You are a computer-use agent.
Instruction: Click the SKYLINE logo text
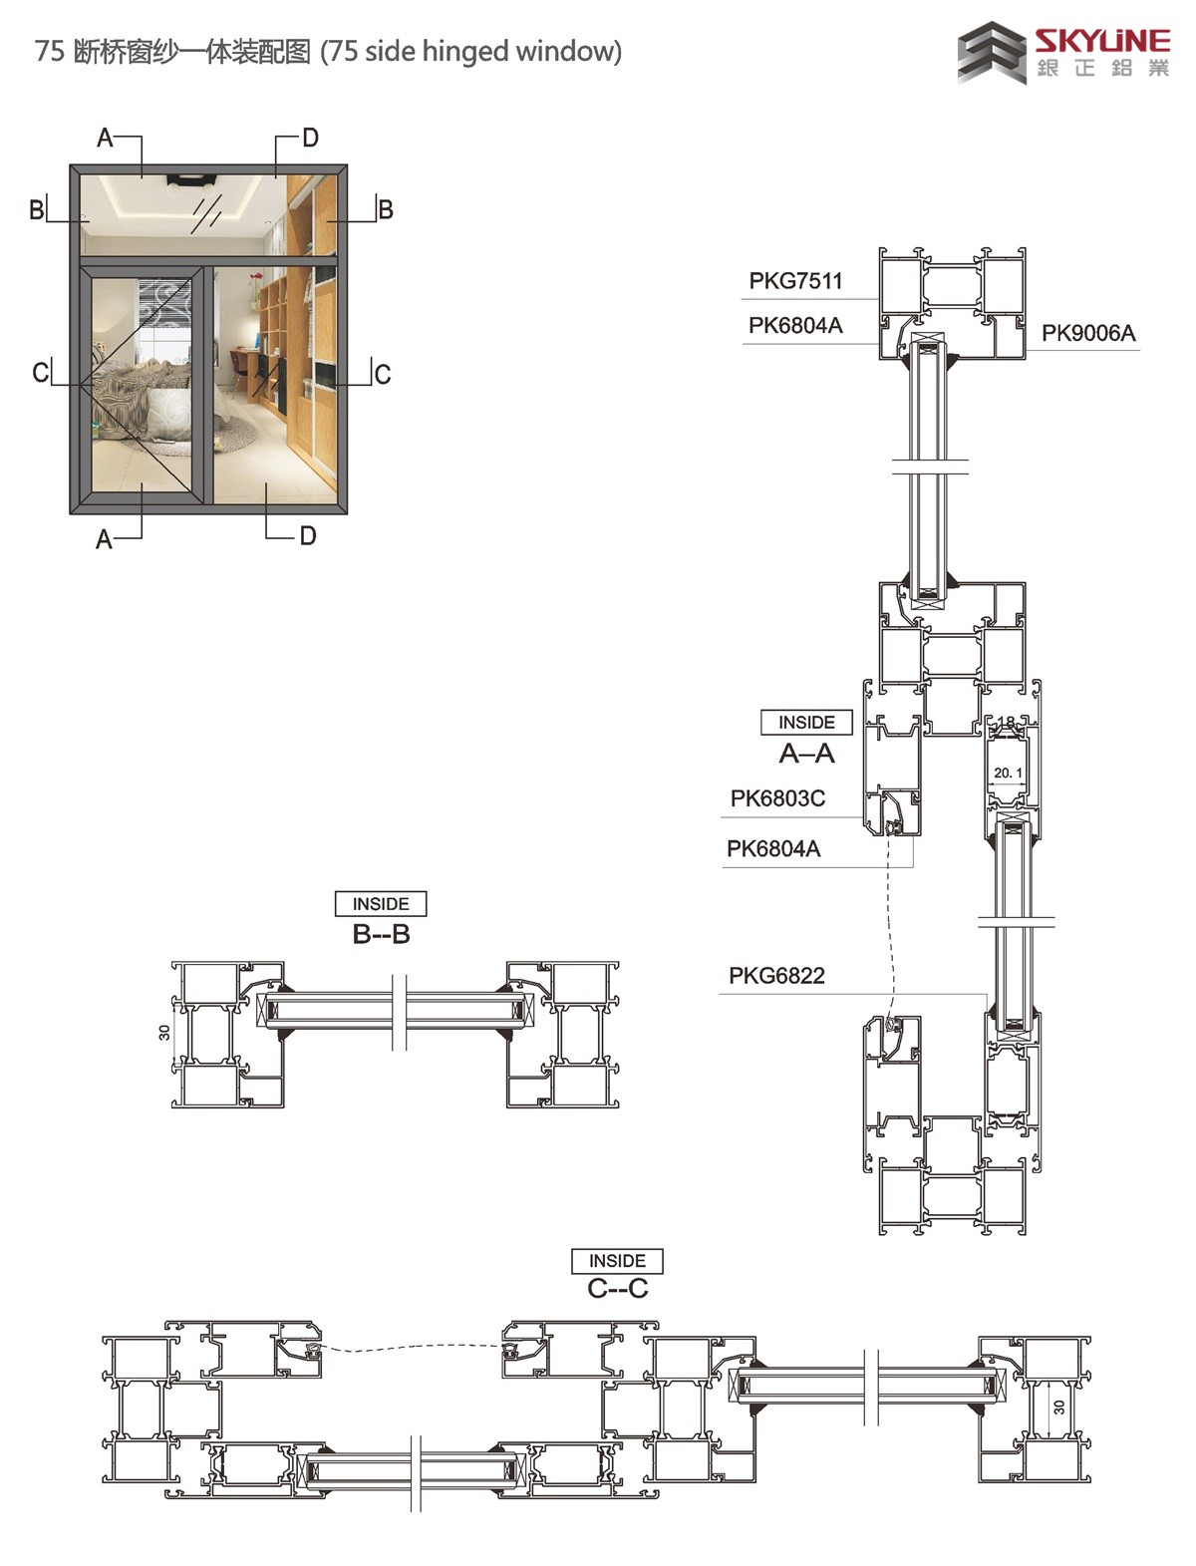pos(1102,41)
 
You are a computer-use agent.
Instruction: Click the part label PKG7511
pos(795,281)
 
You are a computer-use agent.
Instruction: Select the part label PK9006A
pos(1088,333)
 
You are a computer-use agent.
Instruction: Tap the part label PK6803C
pos(777,798)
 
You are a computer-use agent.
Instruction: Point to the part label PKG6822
pos(776,975)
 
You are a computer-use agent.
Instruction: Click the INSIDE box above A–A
pos(806,722)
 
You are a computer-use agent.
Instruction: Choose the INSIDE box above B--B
pos(381,904)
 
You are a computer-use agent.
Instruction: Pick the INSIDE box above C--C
pos(617,1261)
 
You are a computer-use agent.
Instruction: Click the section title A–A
pos(806,754)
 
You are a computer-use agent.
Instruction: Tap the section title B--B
pos(382,934)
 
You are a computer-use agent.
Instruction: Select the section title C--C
pos(618,1289)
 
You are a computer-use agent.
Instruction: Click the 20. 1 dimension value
pos(1008,773)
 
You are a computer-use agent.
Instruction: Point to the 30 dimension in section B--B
pos(164,1033)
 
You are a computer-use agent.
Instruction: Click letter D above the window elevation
pos(310,138)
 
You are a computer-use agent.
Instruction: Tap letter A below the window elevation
pos(104,539)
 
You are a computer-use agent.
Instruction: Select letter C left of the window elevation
pos(41,373)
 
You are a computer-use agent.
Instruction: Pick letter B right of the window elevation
pos(386,209)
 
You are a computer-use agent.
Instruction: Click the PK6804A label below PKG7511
pos(795,326)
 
